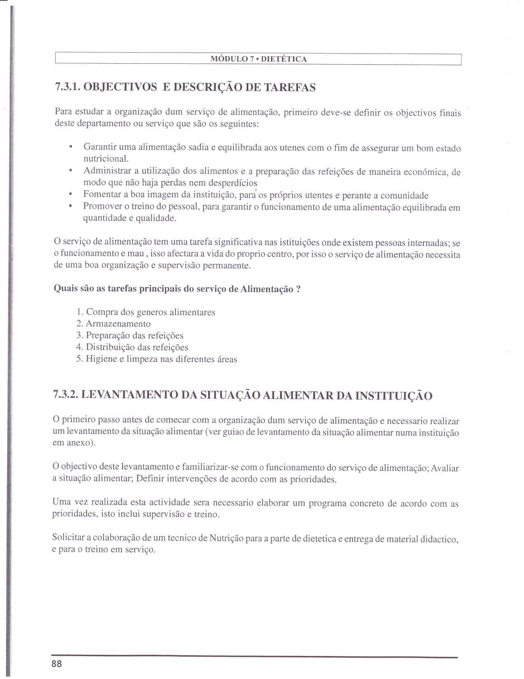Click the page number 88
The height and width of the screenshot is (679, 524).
click(x=57, y=664)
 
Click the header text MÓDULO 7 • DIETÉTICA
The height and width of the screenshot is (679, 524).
click(x=259, y=59)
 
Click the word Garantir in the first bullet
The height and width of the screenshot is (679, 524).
click(x=99, y=147)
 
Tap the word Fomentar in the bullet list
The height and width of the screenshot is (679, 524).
click(x=101, y=194)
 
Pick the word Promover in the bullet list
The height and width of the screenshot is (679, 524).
click(x=102, y=206)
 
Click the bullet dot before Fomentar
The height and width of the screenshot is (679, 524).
click(x=71, y=194)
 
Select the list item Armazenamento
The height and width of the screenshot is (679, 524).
click(x=118, y=324)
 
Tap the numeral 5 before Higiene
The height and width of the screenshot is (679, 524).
click(x=79, y=359)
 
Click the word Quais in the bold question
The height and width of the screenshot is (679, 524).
click(x=66, y=288)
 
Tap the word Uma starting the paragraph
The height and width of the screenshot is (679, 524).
click(x=61, y=502)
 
